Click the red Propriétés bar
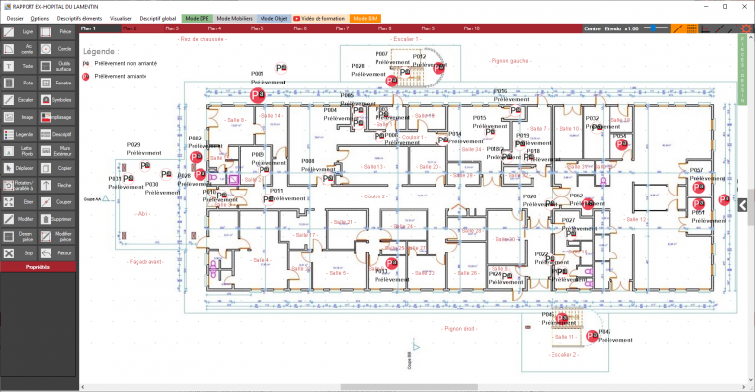point(38,267)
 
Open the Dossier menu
point(15,18)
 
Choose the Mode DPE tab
point(197,18)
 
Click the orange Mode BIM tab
point(367,18)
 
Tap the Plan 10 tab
point(470,28)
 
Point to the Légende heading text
point(101,50)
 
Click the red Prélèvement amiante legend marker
point(87,75)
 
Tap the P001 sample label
point(258,74)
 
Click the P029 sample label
point(133,144)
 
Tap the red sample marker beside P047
point(591,336)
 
